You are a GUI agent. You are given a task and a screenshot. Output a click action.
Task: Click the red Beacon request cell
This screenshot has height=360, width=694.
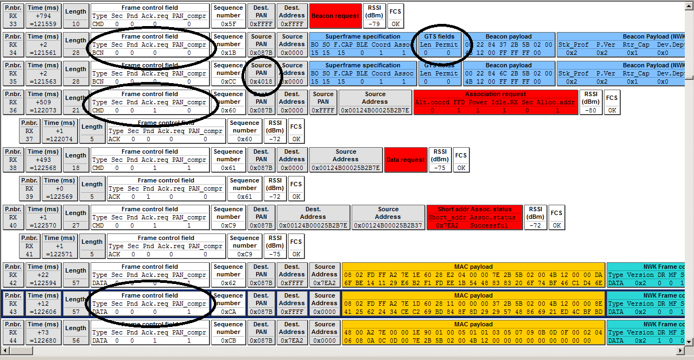[335, 16]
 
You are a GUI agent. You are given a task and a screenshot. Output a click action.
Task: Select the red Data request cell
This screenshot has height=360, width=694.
[405, 160]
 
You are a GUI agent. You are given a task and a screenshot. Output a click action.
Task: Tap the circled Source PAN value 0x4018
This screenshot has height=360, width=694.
[261, 81]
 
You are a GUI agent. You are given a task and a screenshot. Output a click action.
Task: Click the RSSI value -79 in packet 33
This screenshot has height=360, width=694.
[374, 24]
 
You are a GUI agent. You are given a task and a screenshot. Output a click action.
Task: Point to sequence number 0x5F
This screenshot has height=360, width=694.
[228, 24]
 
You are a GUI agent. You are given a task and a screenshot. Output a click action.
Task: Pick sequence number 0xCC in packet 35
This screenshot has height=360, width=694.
[228, 81]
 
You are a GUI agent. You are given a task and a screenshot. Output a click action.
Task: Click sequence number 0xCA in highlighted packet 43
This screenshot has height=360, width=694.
[228, 312]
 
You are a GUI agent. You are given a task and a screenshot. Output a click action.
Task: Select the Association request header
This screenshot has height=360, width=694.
[495, 94]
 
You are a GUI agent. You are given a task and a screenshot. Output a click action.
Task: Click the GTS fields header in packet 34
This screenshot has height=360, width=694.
[439, 36]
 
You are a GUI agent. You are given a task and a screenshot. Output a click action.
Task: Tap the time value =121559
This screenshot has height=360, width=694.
[43, 24]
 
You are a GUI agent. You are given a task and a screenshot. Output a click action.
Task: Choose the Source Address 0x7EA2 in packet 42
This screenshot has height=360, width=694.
[324, 283]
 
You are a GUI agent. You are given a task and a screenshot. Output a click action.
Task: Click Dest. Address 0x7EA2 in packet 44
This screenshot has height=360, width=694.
[292, 340]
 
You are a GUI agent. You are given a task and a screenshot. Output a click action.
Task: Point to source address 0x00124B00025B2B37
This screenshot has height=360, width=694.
[388, 225]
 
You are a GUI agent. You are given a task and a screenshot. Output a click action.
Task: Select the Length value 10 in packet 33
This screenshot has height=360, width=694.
[75, 24]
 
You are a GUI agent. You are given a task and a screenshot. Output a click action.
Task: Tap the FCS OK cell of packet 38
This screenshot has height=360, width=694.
[461, 168]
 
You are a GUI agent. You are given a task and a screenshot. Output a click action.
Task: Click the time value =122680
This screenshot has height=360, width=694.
[43, 340]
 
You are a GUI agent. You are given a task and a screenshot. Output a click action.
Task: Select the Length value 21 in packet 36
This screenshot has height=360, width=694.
[75, 110]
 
